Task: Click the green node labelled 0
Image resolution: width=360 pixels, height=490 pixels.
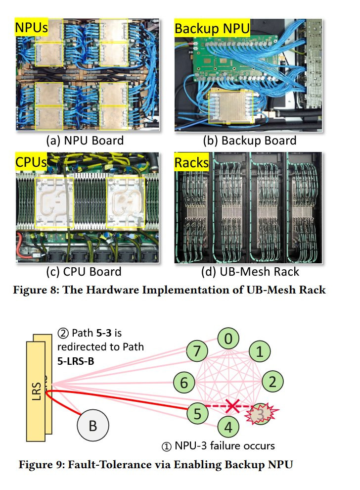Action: tap(227, 340)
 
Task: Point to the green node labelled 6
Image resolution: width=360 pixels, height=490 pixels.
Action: tap(184, 383)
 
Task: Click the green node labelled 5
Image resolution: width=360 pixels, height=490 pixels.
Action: tap(197, 413)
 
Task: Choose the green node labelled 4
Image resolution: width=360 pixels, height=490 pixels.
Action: tap(227, 425)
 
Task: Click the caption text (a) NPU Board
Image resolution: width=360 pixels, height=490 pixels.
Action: tap(85, 140)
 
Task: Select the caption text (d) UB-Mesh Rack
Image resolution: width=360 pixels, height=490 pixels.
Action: tap(250, 272)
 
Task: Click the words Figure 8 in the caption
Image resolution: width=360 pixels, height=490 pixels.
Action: tap(37, 290)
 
